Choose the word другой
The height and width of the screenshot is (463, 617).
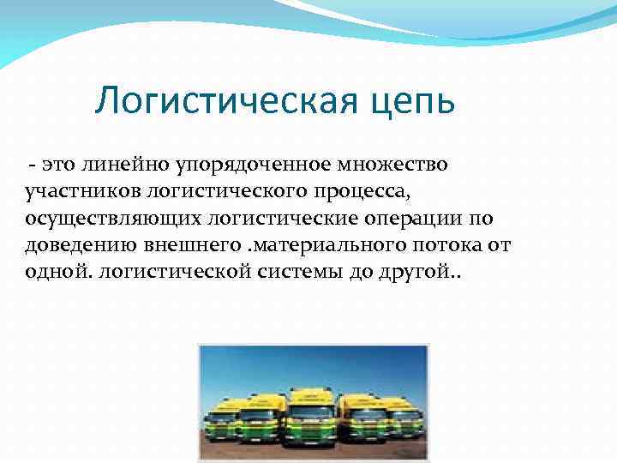click(x=416, y=274)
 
